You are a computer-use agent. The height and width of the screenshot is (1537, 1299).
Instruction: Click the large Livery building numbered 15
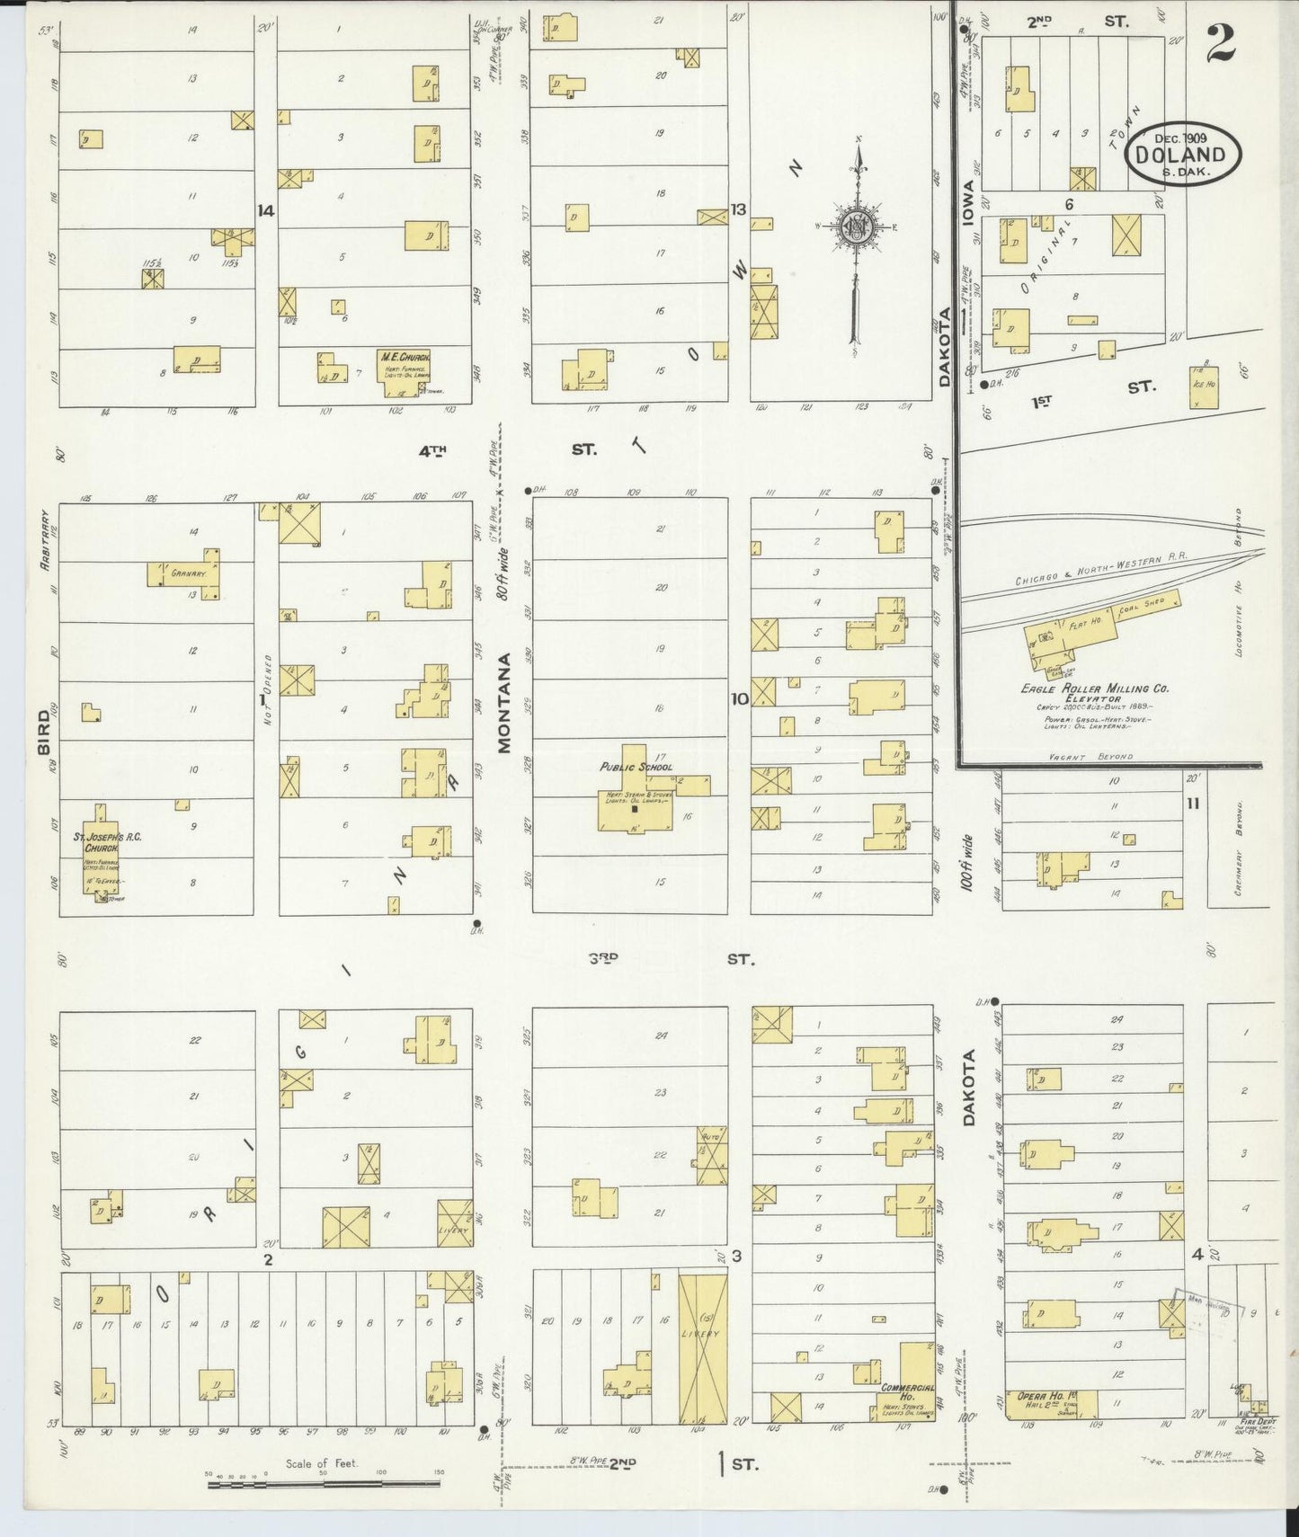click(x=702, y=1348)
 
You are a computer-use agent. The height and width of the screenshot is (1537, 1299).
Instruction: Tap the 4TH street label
click(x=432, y=450)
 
